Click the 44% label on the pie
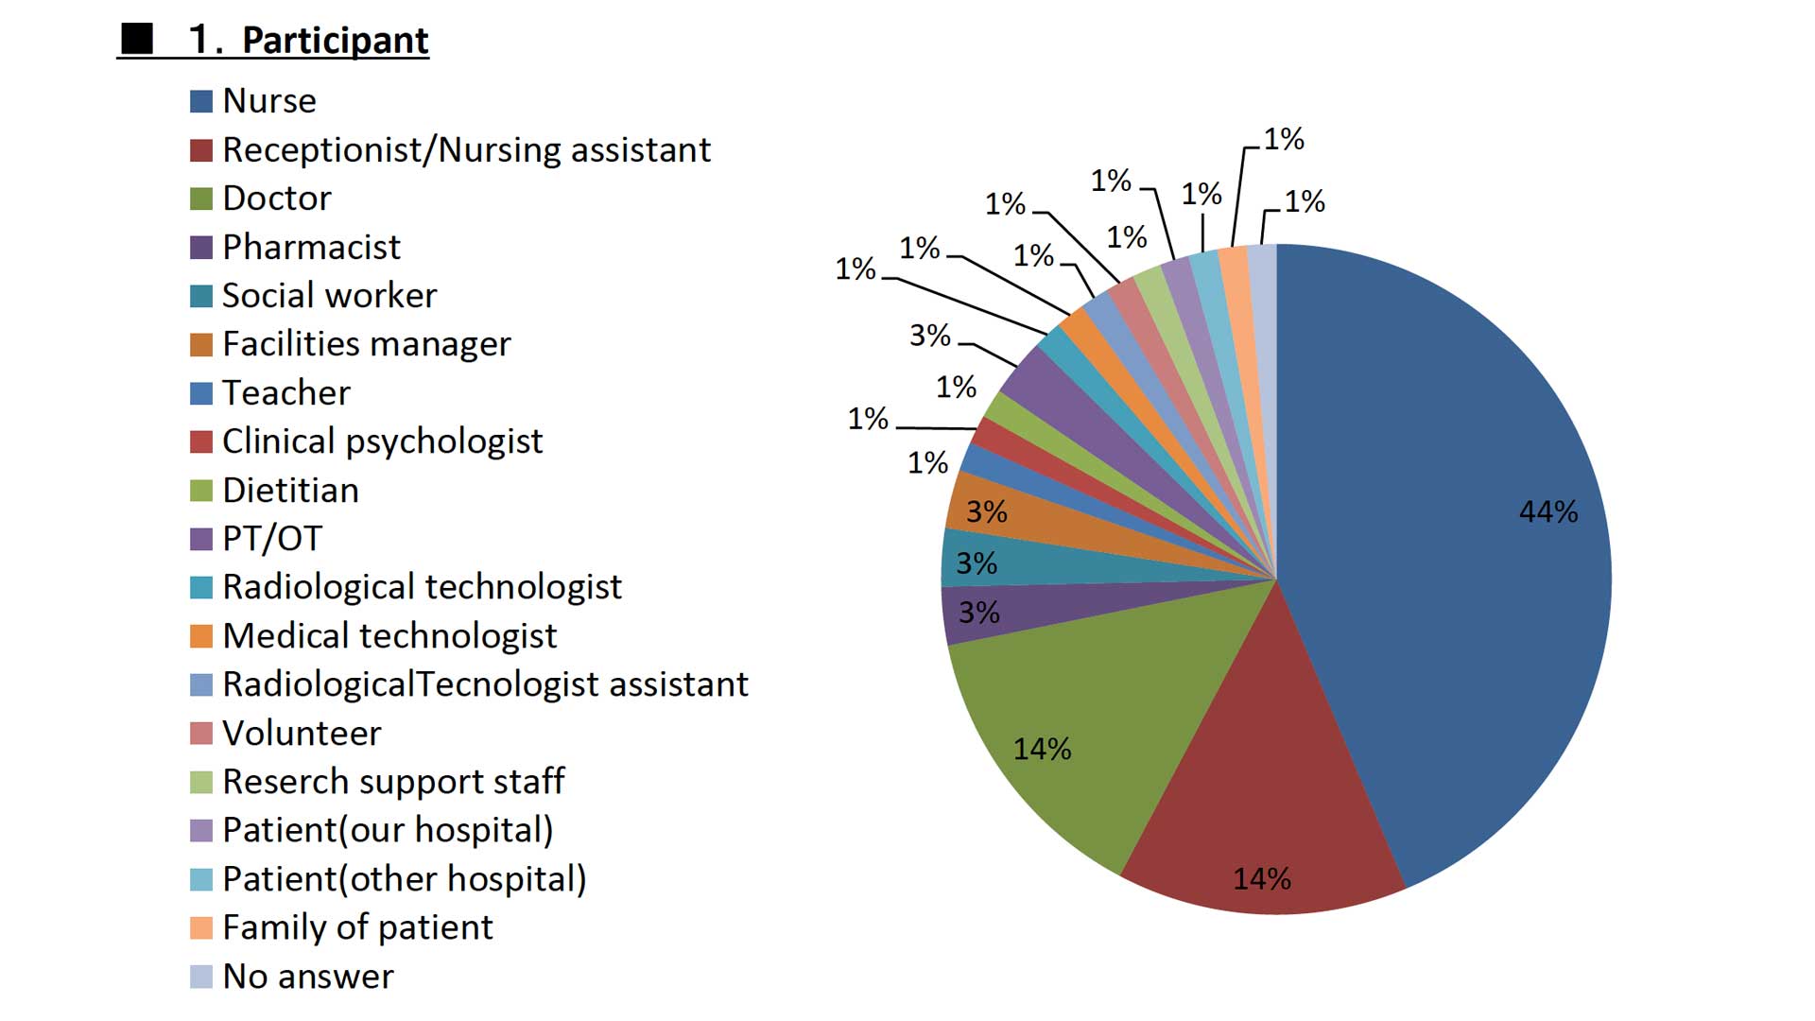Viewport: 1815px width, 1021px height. coord(1548,511)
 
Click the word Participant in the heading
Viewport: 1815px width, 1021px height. coord(336,41)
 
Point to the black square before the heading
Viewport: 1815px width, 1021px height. coord(137,39)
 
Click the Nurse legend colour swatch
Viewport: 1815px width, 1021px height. coord(201,101)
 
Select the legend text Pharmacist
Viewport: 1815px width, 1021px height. coord(312,248)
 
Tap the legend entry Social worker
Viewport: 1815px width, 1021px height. coord(330,296)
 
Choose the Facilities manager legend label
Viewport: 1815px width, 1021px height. coord(367,344)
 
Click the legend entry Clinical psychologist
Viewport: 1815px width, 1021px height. coord(383,441)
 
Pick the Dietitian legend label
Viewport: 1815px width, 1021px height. coord(291,491)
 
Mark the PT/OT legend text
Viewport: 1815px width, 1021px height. coord(272,539)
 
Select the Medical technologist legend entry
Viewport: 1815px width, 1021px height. coord(390,636)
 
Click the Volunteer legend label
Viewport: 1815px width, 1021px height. coord(302,734)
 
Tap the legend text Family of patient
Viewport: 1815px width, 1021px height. coord(358,927)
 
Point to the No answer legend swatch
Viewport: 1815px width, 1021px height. coord(201,977)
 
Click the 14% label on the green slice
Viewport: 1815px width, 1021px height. coord(1043,749)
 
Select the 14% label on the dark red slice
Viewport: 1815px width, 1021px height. coord(1262,878)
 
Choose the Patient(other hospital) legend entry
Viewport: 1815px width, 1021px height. coord(405,879)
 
